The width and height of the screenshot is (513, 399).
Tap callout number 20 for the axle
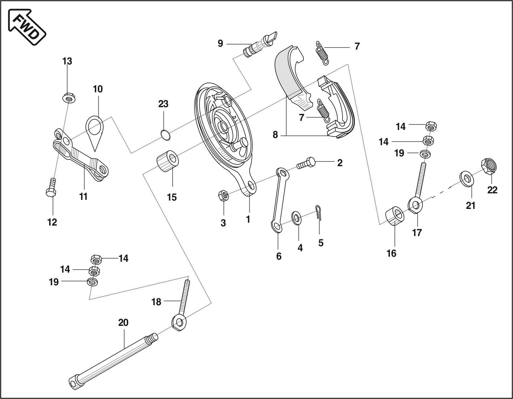point(123,323)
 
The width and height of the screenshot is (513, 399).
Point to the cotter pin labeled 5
point(318,212)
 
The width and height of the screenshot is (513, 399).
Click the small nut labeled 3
point(223,196)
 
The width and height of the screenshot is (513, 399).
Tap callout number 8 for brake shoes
point(275,135)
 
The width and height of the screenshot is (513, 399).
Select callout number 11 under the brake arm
point(84,197)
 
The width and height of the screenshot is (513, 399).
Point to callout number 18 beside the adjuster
point(156,302)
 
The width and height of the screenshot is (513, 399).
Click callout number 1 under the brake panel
point(248,219)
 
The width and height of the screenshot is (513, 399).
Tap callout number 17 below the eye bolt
point(417,232)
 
